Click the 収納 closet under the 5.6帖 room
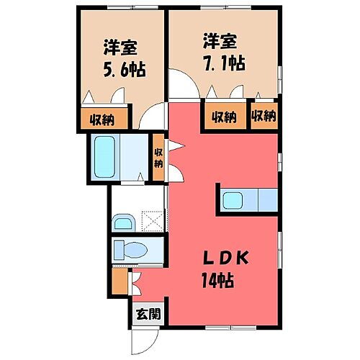click(102, 118)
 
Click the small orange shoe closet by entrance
click(119, 282)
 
